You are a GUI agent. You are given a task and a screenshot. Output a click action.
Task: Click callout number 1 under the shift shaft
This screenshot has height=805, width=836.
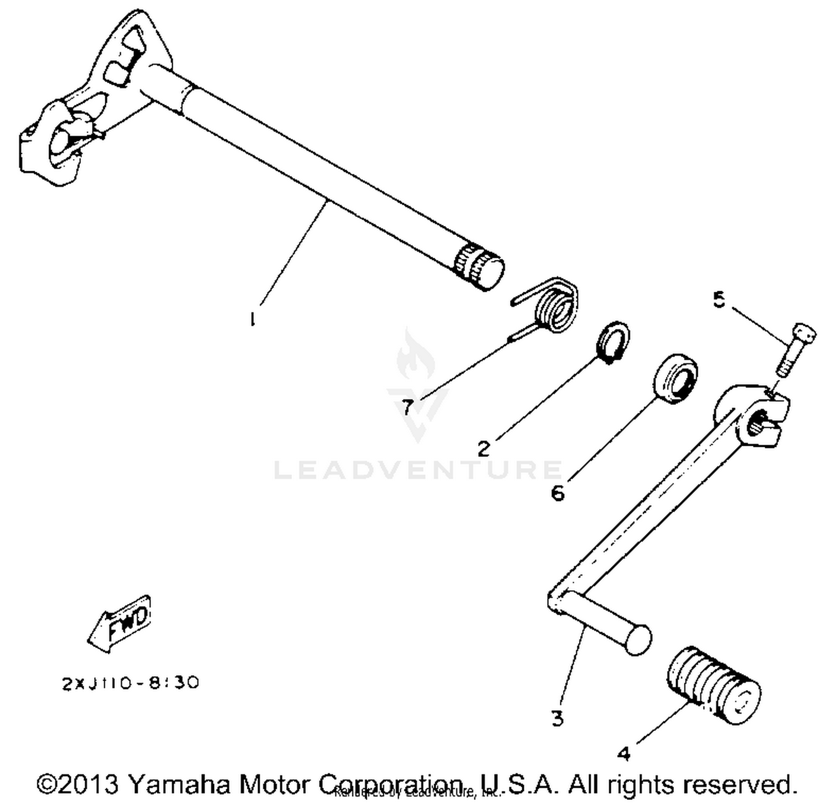pos(253,319)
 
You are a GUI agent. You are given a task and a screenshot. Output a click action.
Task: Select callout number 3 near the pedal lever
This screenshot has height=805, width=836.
pos(557,718)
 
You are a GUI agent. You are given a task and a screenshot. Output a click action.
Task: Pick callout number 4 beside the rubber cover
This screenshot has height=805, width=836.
pos(624,754)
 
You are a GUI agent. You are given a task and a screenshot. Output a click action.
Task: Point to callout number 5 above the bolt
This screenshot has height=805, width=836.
pos(719,300)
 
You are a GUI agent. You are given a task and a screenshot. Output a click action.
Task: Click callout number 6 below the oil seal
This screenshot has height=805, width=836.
pos(557,493)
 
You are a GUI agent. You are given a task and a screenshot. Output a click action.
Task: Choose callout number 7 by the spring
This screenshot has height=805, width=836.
pos(407,408)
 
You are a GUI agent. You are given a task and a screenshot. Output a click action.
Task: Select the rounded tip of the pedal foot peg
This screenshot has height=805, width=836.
pos(637,639)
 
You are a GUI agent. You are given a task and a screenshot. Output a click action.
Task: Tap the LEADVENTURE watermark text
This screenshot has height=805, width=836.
pos(418,470)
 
